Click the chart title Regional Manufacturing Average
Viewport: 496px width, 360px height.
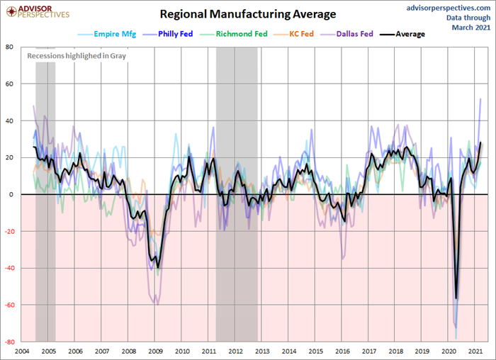tap(248, 14)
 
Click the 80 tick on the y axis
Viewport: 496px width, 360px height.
tap(9, 47)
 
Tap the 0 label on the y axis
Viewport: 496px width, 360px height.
tap(11, 194)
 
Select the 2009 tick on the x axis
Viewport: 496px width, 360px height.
tap(155, 351)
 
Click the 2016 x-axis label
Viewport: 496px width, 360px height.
tap(342, 351)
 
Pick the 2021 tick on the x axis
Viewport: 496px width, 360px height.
tap(476, 351)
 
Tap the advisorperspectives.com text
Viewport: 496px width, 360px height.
tap(448, 6)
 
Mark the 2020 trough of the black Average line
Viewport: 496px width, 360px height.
tap(456, 298)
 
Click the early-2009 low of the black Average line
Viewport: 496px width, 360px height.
tap(157, 267)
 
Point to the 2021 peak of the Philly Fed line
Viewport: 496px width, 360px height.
tap(481, 99)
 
